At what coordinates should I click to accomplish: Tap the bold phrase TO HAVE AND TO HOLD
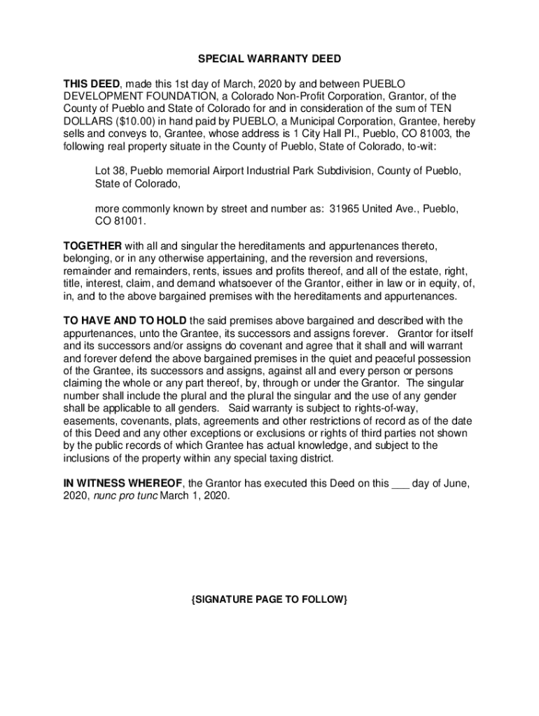coord(121,321)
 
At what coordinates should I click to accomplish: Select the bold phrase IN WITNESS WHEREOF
coord(123,483)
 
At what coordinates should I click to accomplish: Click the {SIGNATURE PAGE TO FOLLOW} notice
coord(269,601)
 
